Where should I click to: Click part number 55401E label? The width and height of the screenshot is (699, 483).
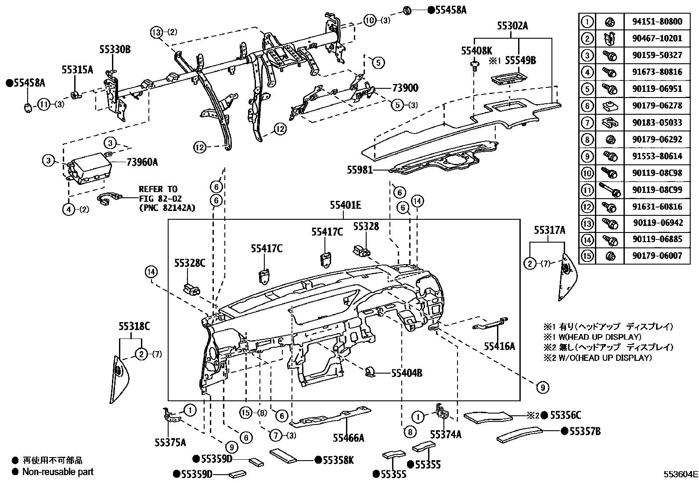pos(346,205)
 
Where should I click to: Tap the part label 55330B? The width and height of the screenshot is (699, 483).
pos(115,50)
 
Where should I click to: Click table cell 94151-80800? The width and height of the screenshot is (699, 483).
pos(657,21)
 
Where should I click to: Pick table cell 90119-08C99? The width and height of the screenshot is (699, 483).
pos(657,190)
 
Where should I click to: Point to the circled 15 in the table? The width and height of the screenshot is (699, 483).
pos(587,255)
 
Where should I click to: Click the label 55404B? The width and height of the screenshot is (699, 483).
pos(407,373)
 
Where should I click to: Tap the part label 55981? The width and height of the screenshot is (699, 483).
pos(360,169)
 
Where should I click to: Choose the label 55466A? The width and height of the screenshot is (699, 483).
pos(348,438)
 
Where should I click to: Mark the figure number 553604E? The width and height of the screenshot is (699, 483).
pos(680,474)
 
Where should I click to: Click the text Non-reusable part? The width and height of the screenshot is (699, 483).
pos(58,472)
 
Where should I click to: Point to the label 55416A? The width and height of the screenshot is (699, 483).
pos(499,346)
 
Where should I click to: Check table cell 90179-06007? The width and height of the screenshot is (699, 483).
pos(657,255)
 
